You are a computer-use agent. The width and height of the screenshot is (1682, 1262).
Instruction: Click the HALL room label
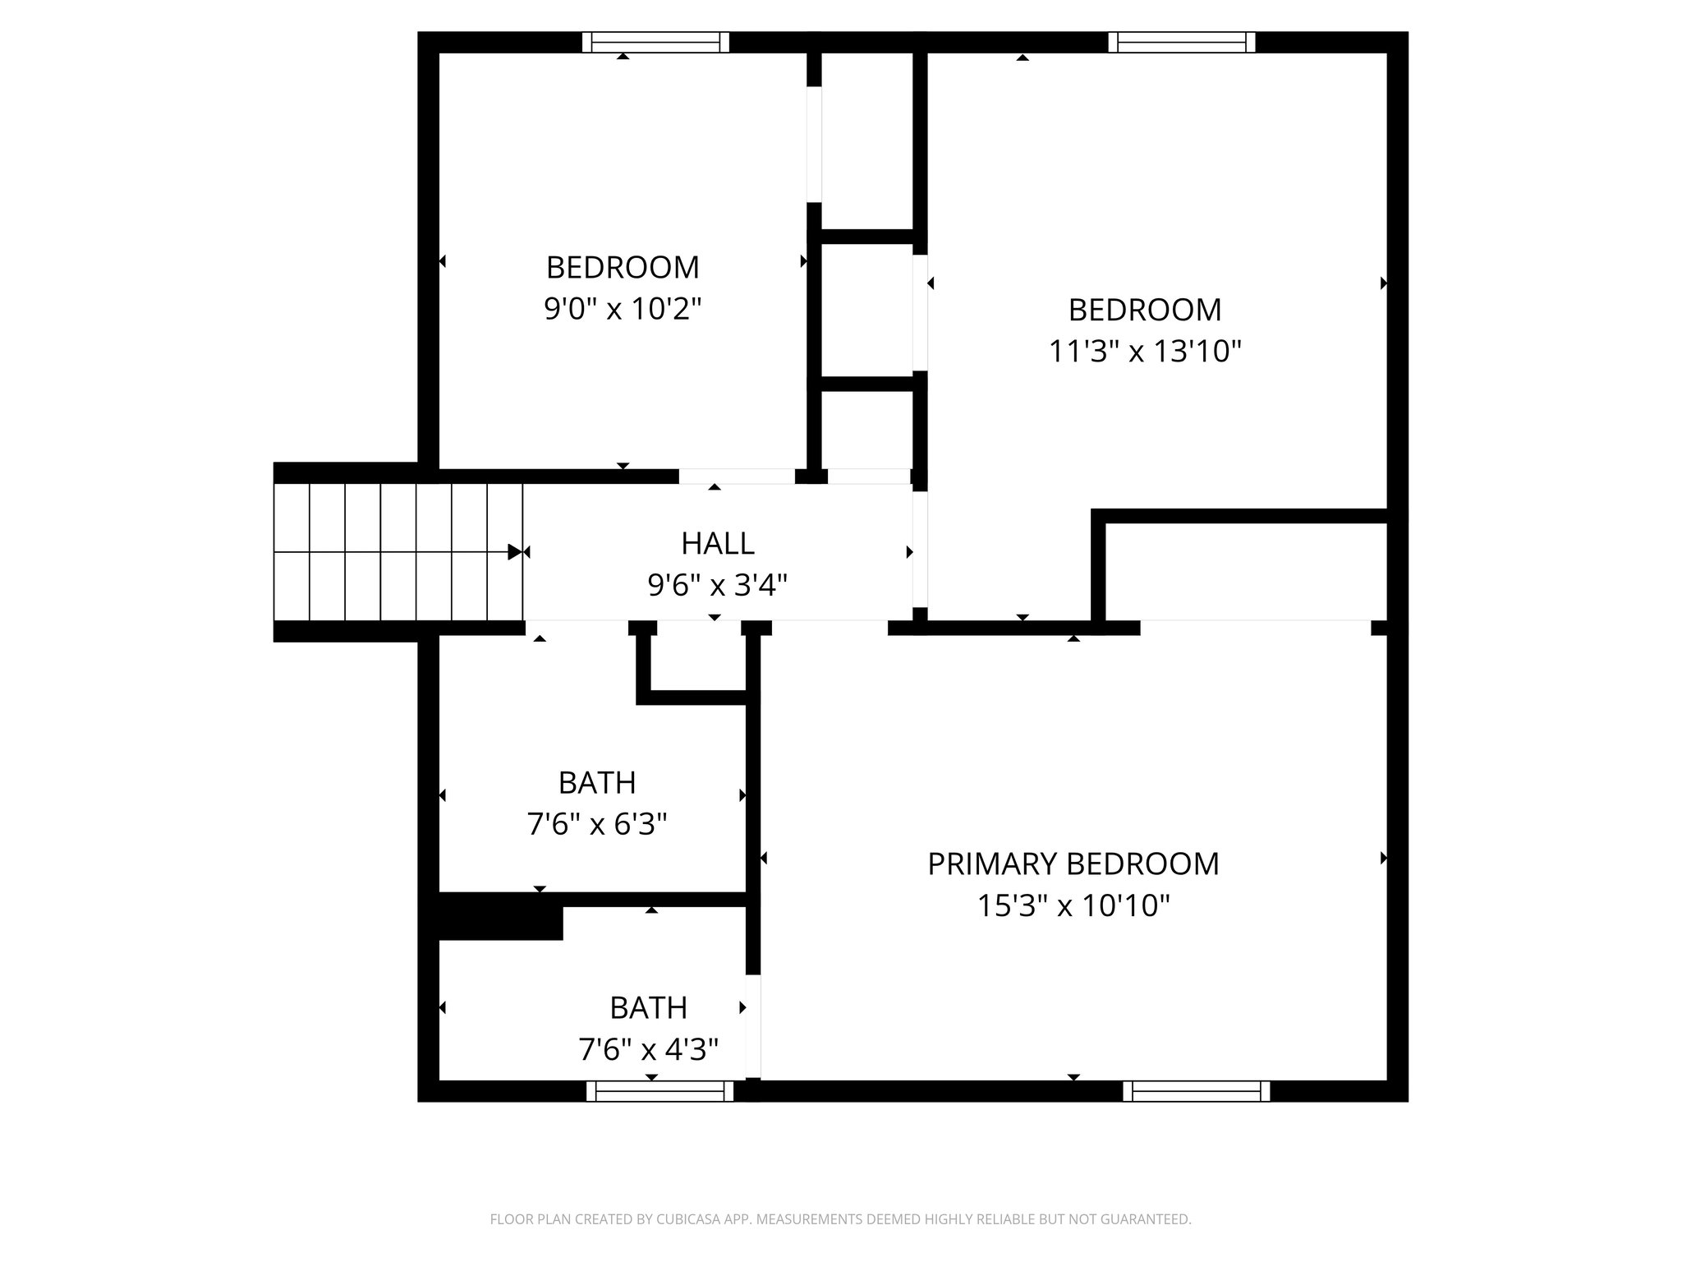pos(717,543)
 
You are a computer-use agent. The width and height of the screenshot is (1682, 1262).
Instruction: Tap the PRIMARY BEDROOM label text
pos(1073,864)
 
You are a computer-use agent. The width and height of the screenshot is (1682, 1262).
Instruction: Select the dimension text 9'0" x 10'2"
pos(623,309)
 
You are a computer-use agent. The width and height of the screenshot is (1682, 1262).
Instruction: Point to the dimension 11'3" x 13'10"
pos(1144,352)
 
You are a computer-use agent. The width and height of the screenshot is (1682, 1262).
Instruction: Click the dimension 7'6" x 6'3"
pos(596,823)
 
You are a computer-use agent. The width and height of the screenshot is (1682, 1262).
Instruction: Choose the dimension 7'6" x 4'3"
pos(648,1049)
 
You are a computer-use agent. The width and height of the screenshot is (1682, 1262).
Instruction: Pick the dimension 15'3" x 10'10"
pos(1073,905)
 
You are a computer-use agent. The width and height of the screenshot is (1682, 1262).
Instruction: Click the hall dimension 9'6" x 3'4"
pos(717,585)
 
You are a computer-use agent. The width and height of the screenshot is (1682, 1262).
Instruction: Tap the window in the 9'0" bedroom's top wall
pos(655,42)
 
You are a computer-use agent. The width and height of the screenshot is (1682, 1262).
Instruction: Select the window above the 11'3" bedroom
pos(1181,42)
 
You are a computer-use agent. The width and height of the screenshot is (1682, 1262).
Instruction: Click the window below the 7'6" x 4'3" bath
pos(659,1091)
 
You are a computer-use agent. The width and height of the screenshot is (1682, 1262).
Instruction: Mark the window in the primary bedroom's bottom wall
pos(1196,1091)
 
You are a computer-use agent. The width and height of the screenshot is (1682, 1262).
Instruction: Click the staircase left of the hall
pos(398,551)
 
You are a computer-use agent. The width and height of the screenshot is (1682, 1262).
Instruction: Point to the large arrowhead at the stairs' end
pos(515,551)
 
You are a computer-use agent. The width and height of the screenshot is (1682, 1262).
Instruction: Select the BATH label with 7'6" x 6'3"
pos(596,782)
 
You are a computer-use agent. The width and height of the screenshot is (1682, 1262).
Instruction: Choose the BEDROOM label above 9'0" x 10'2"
pos(623,267)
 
